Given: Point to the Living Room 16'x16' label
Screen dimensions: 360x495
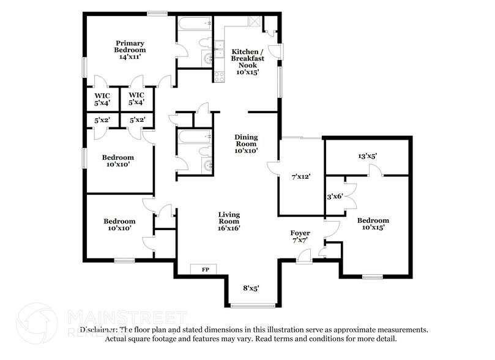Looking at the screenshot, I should (229, 221).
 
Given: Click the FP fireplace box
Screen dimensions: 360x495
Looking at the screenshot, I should (200, 269).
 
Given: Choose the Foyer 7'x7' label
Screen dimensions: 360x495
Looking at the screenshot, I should (300, 237).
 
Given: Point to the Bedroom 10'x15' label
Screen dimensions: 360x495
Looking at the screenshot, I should (373, 224).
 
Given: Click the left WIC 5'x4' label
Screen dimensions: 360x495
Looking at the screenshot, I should (102, 99).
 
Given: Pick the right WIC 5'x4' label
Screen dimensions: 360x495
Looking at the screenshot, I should (136, 99).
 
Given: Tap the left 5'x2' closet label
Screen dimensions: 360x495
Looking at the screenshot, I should (102, 120).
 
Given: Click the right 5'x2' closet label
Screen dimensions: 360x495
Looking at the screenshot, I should (136, 120).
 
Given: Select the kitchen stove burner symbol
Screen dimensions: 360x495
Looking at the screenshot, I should (218, 77).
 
